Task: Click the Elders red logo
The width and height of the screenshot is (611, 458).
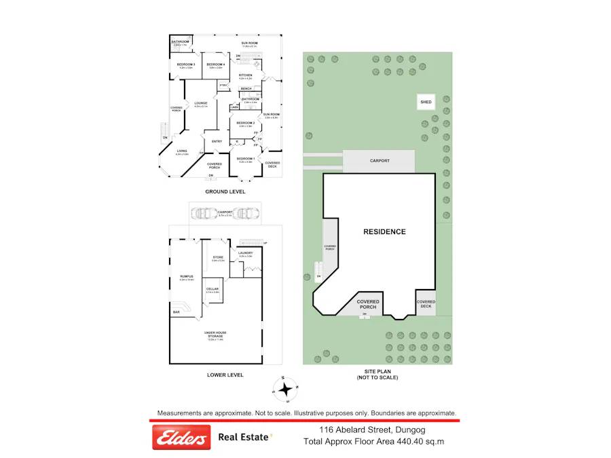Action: (x=181, y=438)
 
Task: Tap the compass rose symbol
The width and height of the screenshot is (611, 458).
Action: (x=286, y=389)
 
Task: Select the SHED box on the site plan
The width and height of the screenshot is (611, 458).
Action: (x=426, y=102)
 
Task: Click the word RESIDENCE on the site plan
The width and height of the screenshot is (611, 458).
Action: (x=384, y=232)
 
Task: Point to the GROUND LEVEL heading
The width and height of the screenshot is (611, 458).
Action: (x=225, y=192)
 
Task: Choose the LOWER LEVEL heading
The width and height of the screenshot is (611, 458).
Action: (x=225, y=375)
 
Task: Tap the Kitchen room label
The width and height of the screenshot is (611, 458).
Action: (x=246, y=75)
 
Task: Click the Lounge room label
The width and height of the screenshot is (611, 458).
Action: (x=201, y=103)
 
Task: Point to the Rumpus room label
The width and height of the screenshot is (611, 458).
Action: (x=187, y=277)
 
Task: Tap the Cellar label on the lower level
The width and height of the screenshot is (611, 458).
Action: (x=212, y=289)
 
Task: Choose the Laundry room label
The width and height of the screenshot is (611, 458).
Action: (x=245, y=253)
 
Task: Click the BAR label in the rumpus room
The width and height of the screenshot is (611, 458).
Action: (x=177, y=312)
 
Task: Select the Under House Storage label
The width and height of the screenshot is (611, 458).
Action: (x=215, y=333)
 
